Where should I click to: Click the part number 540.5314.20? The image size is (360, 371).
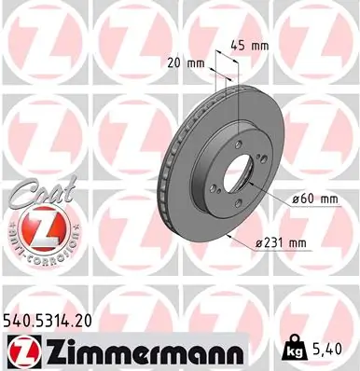pos(56,321)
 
